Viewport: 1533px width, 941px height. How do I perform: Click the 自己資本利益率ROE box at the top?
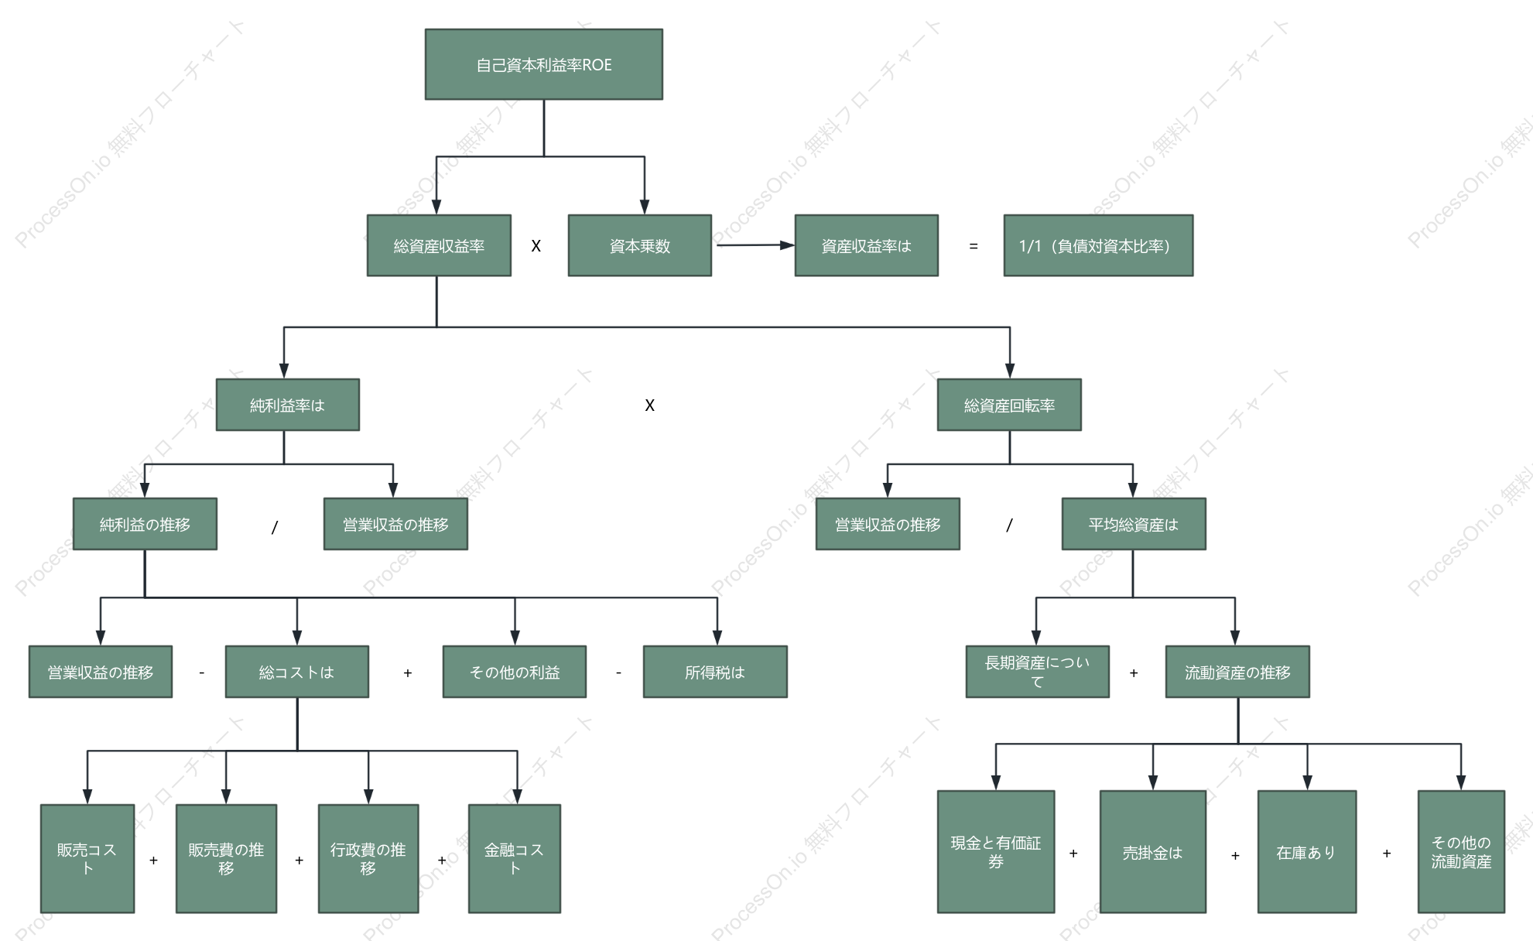click(543, 64)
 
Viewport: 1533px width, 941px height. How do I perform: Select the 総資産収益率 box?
click(439, 245)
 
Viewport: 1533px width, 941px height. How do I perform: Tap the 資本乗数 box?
click(639, 245)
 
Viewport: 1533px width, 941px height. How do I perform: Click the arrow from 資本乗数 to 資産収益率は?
click(755, 245)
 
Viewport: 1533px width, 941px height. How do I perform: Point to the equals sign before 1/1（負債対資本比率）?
click(973, 246)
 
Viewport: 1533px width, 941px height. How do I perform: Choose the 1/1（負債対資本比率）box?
click(1098, 245)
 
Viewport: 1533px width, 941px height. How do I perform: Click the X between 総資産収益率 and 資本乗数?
click(536, 246)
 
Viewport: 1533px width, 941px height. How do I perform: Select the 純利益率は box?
click(287, 405)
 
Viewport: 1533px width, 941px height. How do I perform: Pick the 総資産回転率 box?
click(1009, 405)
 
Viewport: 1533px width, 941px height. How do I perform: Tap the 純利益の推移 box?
click(145, 524)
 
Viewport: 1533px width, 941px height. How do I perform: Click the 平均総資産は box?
click(1134, 524)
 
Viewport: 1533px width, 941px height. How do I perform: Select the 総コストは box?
click(297, 672)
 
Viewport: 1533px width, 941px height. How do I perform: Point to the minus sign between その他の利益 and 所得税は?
click(618, 673)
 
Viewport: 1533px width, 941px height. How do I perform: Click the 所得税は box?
click(715, 672)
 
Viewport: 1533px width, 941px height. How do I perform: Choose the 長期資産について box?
click(1037, 672)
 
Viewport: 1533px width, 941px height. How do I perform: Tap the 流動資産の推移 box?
click(1237, 672)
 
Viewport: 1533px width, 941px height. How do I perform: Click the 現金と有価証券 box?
click(996, 851)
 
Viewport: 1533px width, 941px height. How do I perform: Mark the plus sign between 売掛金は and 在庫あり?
click(1235, 856)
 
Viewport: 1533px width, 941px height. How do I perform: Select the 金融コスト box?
click(515, 858)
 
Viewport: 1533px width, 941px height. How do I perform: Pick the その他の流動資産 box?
click(1461, 851)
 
